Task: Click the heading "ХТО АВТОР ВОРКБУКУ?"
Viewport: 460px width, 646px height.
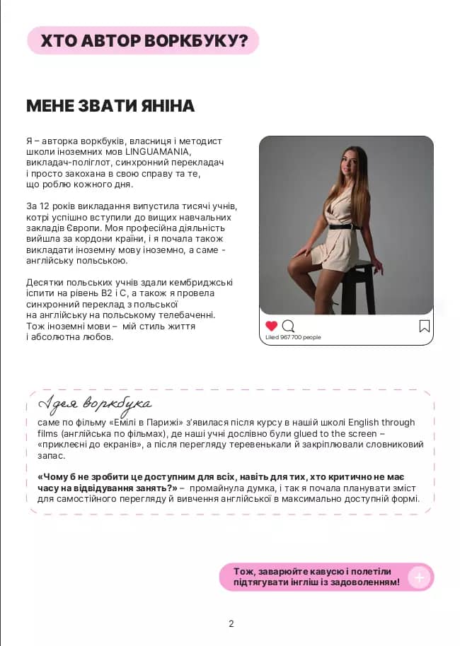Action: click(x=144, y=41)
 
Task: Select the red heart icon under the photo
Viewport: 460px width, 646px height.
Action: click(x=271, y=326)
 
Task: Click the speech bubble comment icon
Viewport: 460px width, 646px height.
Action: click(x=288, y=326)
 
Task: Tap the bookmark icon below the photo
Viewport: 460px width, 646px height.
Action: click(x=424, y=326)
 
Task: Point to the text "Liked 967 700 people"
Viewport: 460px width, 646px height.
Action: click(x=293, y=338)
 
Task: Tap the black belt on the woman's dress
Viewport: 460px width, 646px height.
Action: click(x=345, y=227)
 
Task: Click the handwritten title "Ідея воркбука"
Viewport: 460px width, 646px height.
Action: click(x=95, y=404)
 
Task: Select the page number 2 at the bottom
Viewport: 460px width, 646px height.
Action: click(x=231, y=623)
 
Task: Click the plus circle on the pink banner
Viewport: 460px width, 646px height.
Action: click(x=419, y=577)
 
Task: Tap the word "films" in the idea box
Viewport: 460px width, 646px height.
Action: click(x=49, y=433)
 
